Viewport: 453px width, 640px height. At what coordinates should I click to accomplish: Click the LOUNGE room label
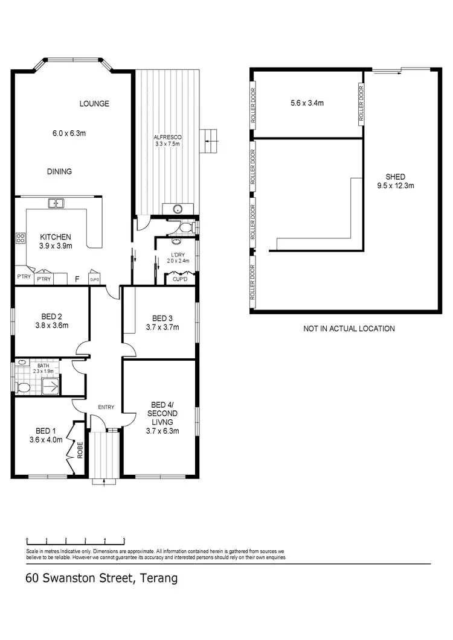tap(94, 104)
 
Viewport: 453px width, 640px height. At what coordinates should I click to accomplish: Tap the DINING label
tap(59, 171)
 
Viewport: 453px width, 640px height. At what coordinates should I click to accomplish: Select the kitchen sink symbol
tap(57, 203)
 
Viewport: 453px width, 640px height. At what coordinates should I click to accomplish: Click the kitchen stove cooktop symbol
tap(20, 238)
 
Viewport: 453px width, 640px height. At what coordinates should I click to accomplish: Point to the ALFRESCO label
tap(167, 138)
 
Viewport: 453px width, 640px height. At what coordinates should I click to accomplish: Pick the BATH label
tap(43, 366)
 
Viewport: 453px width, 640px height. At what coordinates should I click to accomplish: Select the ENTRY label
tap(106, 407)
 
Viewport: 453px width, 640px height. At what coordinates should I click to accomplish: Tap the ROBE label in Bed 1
tap(79, 450)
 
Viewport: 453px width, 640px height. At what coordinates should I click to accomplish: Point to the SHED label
tap(395, 177)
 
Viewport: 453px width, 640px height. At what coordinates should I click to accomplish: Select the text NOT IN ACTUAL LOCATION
tap(349, 329)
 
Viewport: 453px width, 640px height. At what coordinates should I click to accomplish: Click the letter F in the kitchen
tap(76, 279)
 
